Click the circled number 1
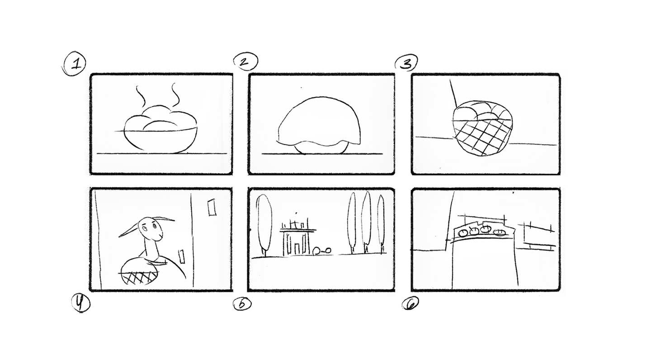(75, 63)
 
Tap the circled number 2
(245, 61)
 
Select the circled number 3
(406, 63)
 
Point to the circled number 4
(80, 303)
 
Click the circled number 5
(242, 304)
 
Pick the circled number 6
(410, 303)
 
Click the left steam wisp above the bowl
(140, 96)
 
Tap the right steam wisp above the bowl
(175, 95)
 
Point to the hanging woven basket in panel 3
(482, 128)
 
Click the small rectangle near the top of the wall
(212, 208)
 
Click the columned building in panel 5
(297, 238)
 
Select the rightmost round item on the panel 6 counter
(500, 232)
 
